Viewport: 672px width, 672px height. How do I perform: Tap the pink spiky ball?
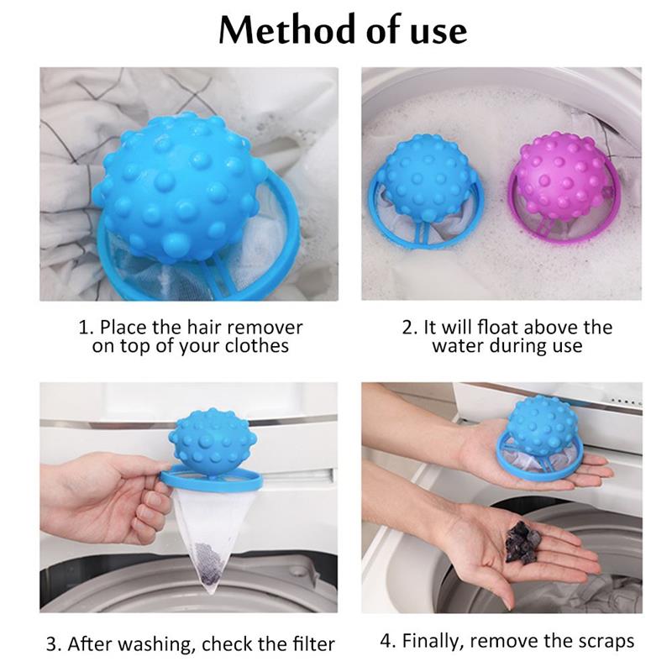[x=559, y=176]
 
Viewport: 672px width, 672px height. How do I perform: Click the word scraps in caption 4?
[x=604, y=642]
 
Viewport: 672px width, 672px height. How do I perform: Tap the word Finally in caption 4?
[x=433, y=642]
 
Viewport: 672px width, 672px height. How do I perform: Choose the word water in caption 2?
[x=459, y=346]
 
